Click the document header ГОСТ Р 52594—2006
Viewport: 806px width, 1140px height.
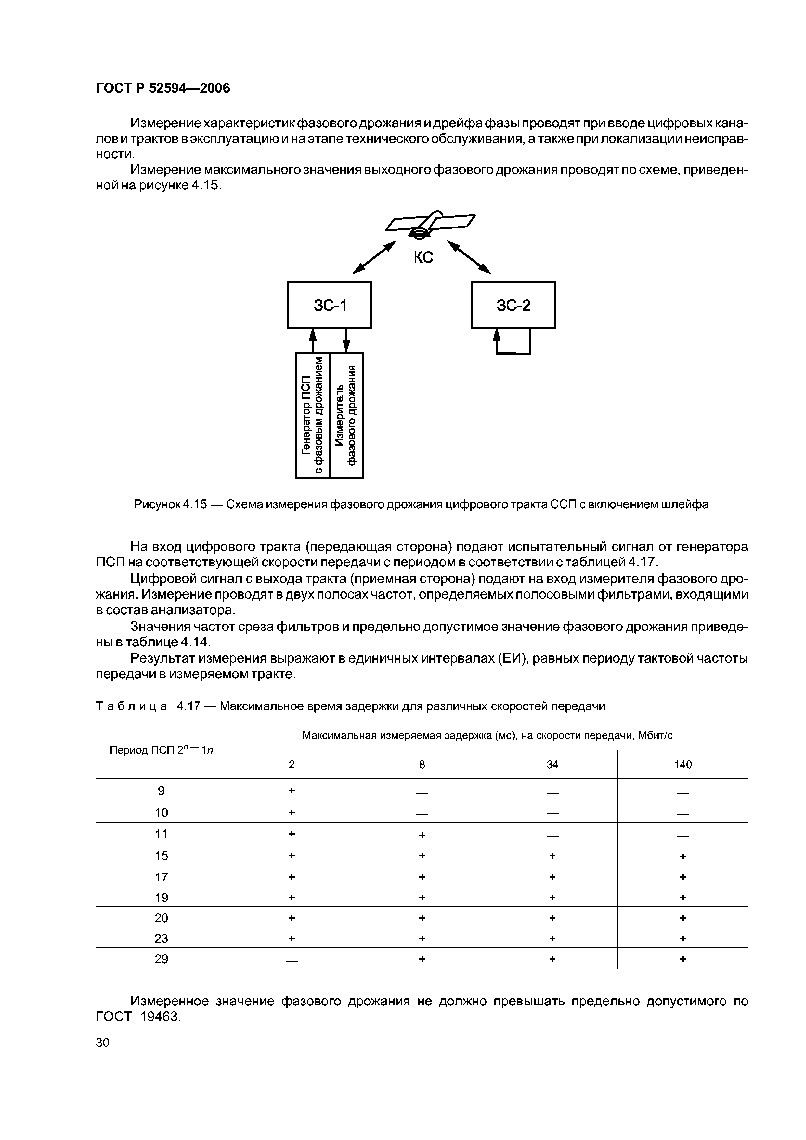(x=163, y=88)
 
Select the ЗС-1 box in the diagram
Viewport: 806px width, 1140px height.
(x=329, y=305)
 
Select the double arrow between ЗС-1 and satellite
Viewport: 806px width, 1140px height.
(x=374, y=257)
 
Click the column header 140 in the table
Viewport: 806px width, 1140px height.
(x=682, y=765)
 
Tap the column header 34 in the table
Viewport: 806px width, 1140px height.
(x=552, y=765)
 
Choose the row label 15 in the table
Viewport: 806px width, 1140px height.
(x=162, y=856)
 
